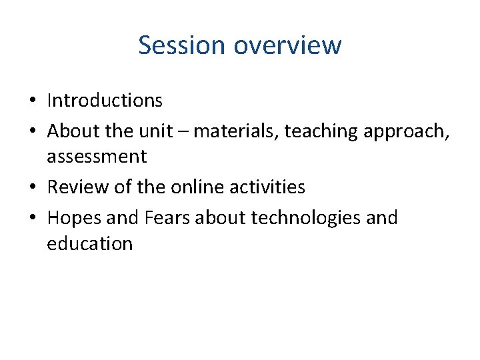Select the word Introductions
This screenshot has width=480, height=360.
(105, 101)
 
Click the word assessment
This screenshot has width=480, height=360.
(97, 157)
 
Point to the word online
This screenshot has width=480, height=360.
(197, 187)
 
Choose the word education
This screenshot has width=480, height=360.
(90, 244)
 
